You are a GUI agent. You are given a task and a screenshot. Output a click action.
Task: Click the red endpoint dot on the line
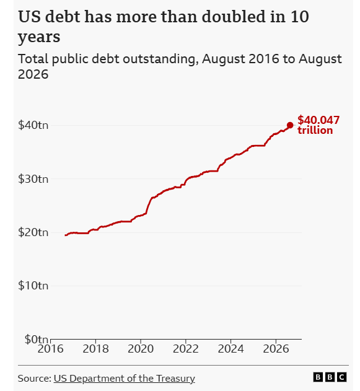click(x=290, y=125)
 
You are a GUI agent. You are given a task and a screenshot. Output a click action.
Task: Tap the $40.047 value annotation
click(x=318, y=120)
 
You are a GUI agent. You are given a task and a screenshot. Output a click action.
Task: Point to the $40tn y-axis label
click(x=33, y=125)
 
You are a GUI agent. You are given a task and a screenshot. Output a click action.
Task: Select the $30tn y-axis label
click(x=33, y=179)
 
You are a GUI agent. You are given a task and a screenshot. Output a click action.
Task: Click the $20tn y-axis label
click(x=33, y=232)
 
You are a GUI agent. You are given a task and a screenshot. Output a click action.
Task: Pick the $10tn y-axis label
click(x=33, y=286)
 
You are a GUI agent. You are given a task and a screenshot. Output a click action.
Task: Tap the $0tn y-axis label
click(x=36, y=340)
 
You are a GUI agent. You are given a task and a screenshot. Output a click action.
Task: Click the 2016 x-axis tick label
click(x=50, y=349)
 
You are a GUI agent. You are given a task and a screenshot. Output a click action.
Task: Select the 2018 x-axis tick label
click(x=95, y=349)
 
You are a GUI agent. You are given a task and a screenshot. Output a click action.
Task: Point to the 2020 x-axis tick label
click(x=141, y=349)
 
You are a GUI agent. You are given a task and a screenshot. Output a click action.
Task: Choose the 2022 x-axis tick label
click(x=186, y=349)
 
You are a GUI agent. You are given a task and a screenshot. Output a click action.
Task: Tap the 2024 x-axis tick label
click(x=231, y=349)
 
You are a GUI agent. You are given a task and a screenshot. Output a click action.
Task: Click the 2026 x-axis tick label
click(x=276, y=349)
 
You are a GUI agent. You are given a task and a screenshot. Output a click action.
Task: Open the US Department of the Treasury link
click(x=124, y=379)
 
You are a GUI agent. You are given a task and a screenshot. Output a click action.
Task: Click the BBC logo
click(x=330, y=377)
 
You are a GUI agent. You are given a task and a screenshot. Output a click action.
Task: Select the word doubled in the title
click(x=234, y=17)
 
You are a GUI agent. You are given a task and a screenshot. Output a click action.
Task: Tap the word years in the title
click(x=39, y=38)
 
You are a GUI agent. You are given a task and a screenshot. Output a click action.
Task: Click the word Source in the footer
click(x=35, y=378)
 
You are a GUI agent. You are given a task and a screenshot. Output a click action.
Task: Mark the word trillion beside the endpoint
click(x=315, y=130)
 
